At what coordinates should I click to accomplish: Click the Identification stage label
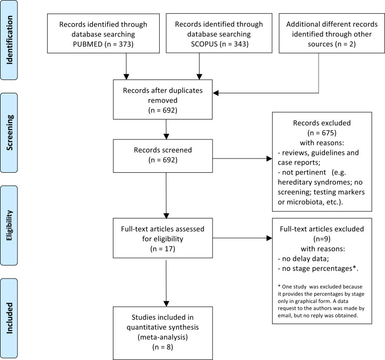9,40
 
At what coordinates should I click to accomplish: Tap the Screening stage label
9,133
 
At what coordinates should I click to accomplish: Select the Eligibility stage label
9,225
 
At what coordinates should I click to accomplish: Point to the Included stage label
9,318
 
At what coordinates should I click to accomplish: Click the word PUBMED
88,44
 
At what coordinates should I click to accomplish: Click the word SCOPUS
204,44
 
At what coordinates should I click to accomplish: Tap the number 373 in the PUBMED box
125,44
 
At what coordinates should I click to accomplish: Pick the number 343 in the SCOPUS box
240,44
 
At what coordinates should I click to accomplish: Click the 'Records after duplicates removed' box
163,99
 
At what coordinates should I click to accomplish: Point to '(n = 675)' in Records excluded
322,133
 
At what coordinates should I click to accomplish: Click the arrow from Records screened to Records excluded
242,158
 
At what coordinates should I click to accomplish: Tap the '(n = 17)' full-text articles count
163,249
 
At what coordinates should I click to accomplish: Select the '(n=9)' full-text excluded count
322,239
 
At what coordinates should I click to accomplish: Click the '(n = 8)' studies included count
163,347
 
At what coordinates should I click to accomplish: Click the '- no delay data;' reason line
303,259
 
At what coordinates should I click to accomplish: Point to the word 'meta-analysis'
163,337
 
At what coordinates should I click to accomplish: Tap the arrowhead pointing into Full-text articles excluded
269,238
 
